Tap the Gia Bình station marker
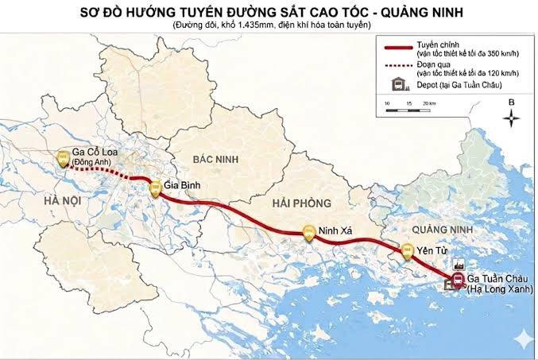(x=156, y=188)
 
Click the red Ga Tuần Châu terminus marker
(x=457, y=280)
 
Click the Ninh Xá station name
(x=335, y=232)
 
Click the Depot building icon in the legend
(x=393, y=85)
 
